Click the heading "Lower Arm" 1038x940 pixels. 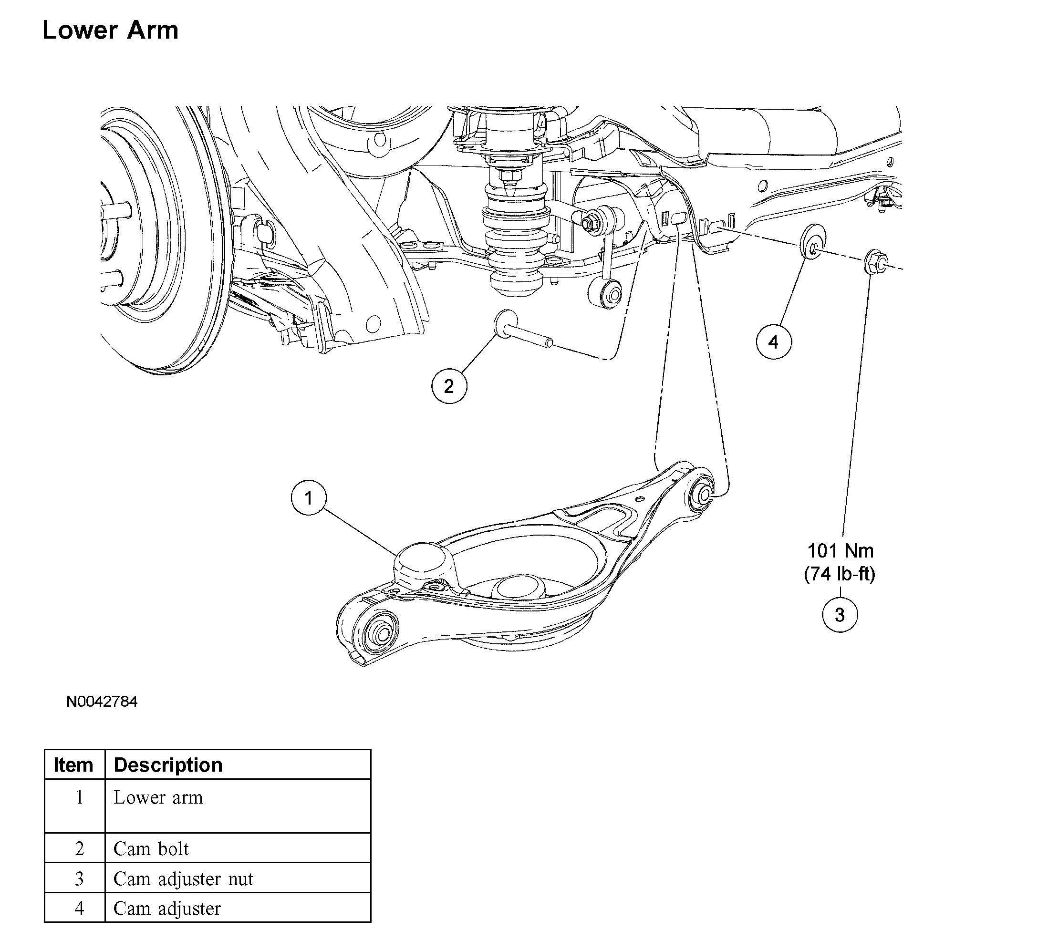click(x=110, y=30)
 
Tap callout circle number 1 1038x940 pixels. click(x=309, y=498)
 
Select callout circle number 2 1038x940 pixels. click(x=449, y=386)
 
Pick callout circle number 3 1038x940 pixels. click(x=840, y=615)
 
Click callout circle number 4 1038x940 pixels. click(x=773, y=342)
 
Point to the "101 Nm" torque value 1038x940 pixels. click(x=841, y=551)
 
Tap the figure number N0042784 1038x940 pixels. click(x=102, y=702)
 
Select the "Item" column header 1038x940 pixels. click(x=73, y=765)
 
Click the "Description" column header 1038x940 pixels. click(x=168, y=765)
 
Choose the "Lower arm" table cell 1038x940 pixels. click(x=158, y=797)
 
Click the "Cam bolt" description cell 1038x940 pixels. click(x=151, y=849)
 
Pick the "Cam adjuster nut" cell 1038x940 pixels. click(x=183, y=879)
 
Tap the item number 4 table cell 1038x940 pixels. click(x=79, y=909)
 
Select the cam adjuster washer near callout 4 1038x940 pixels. click(x=812, y=242)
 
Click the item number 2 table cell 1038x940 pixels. click(x=79, y=849)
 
